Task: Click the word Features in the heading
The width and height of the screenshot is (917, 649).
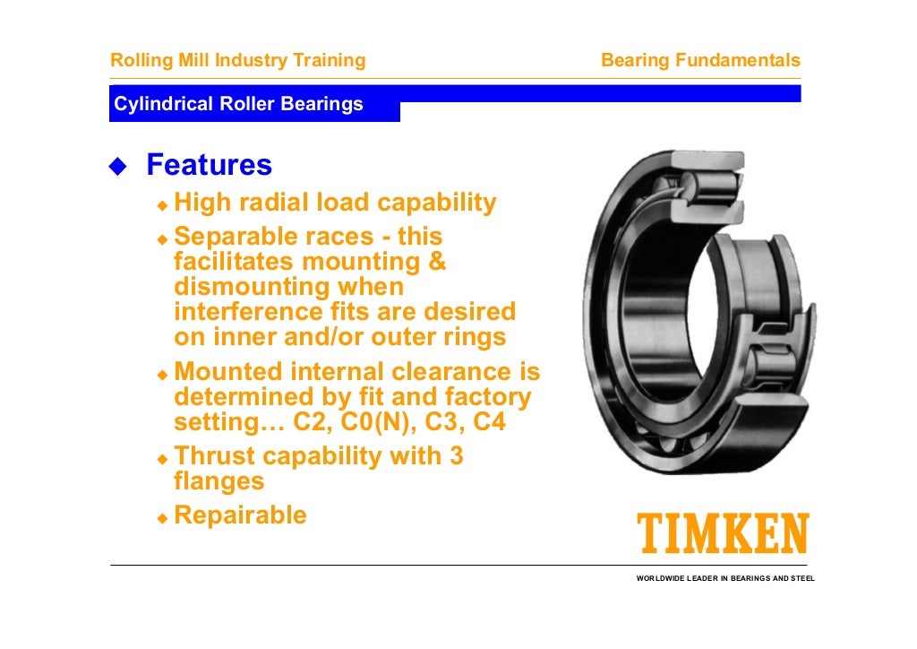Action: tap(209, 165)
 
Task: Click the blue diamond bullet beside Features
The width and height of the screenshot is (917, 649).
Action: tap(118, 166)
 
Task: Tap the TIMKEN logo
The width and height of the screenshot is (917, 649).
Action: tap(722, 534)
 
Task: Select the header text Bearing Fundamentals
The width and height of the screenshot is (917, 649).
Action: tap(700, 61)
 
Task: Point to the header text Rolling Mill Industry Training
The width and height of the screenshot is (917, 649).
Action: tap(237, 61)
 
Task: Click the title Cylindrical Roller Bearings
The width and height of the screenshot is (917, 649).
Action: tap(238, 104)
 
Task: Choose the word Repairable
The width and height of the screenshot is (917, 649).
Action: tap(240, 515)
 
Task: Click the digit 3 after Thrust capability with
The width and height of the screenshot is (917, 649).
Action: tap(456, 456)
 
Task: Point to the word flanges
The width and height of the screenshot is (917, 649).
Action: tap(219, 481)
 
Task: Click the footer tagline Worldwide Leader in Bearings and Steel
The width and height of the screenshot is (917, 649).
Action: tap(725, 579)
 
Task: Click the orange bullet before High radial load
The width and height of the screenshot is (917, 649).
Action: tap(162, 205)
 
